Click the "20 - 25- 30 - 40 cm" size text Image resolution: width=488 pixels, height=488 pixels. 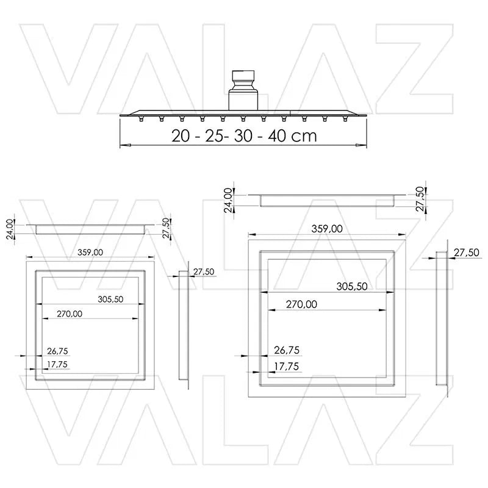click(244, 135)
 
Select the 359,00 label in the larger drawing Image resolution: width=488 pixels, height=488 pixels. click(327, 229)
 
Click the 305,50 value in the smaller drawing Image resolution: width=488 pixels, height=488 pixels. click(110, 299)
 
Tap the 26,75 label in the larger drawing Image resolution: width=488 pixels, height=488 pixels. click(287, 350)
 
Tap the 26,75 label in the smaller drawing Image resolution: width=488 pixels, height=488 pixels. click(57, 351)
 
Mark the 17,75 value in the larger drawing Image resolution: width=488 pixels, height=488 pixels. click(287, 367)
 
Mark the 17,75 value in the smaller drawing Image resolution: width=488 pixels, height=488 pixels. click(57, 365)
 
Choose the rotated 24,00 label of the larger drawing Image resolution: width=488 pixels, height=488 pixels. click(228, 199)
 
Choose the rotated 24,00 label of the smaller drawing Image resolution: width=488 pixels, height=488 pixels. click(9, 230)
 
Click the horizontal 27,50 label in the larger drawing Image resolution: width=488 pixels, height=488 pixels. click(467, 252)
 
